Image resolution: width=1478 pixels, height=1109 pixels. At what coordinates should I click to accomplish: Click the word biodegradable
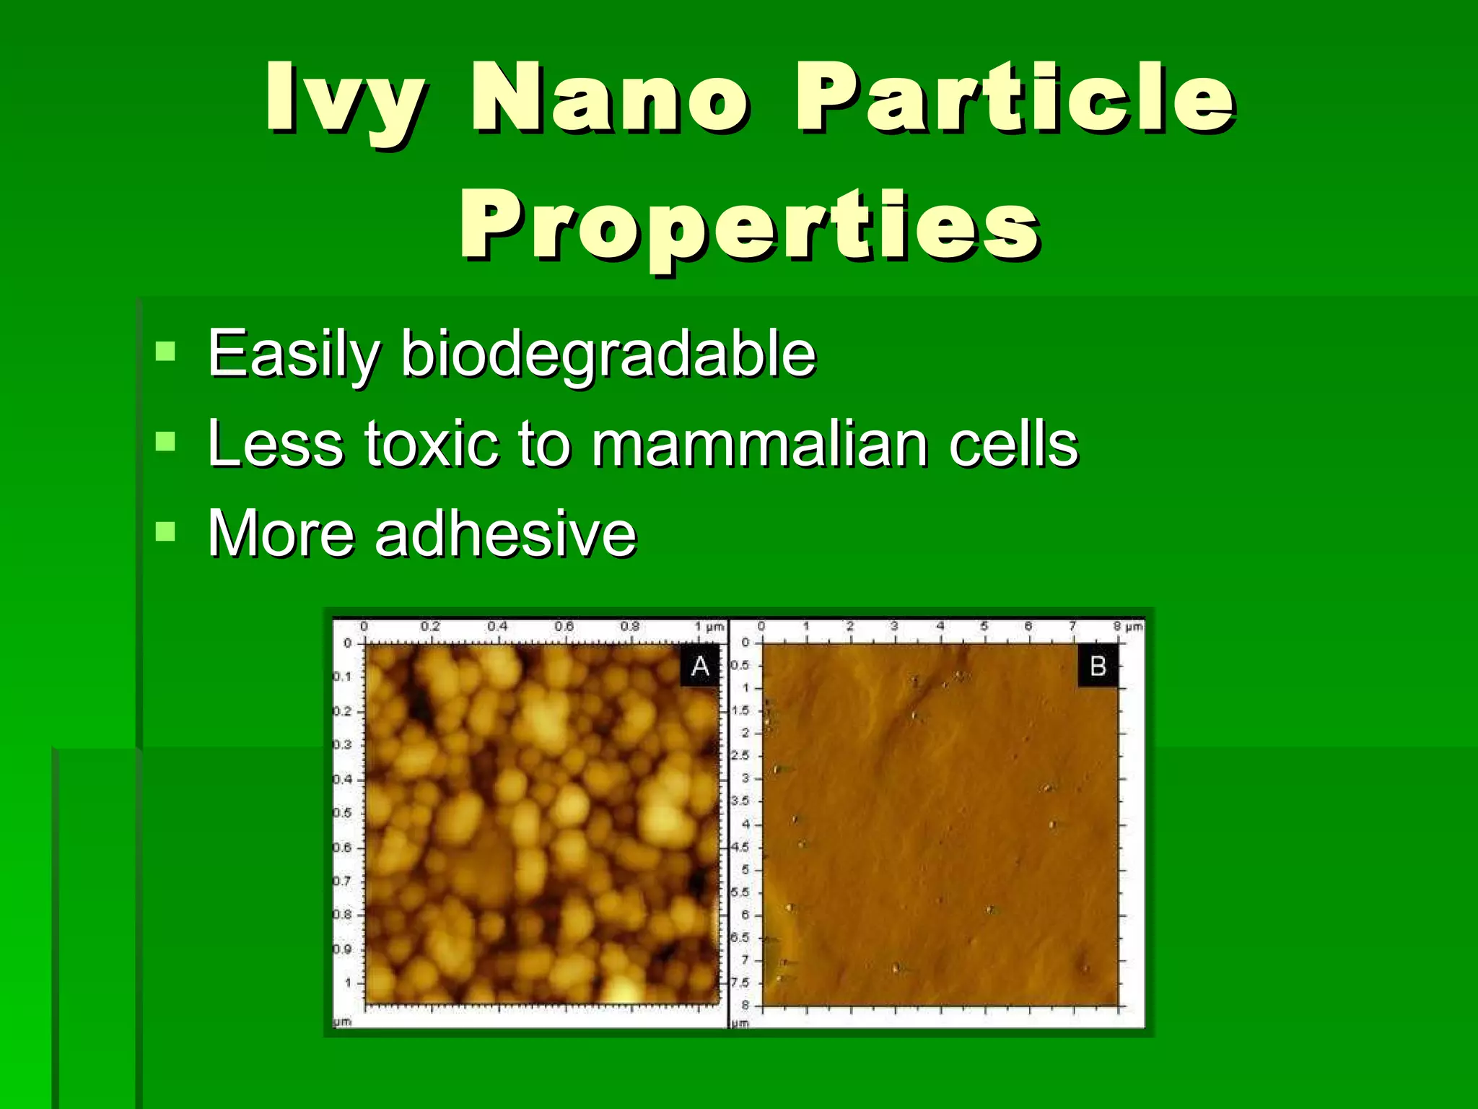[x=608, y=355]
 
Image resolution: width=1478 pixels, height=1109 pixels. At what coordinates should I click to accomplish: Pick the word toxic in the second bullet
[x=432, y=443]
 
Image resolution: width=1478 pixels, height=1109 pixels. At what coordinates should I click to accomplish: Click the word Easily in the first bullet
[x=293, y=355]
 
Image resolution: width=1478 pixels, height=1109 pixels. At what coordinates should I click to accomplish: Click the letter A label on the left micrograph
[x=700, y=666]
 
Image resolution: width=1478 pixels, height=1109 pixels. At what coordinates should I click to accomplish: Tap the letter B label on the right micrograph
[x=1098, y=666]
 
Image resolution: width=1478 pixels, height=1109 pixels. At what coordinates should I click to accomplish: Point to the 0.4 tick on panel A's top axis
[x=497, y=626]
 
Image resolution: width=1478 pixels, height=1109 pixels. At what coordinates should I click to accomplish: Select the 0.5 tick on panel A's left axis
[x=342, y=813]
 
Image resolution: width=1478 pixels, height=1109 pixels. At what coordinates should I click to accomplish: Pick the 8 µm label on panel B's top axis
[x=1128, y=626]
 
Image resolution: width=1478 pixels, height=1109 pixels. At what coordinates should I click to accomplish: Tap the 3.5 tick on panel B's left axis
[x=740, y=801]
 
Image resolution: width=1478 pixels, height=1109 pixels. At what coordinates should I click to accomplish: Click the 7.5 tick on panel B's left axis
[x=740, y=983]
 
